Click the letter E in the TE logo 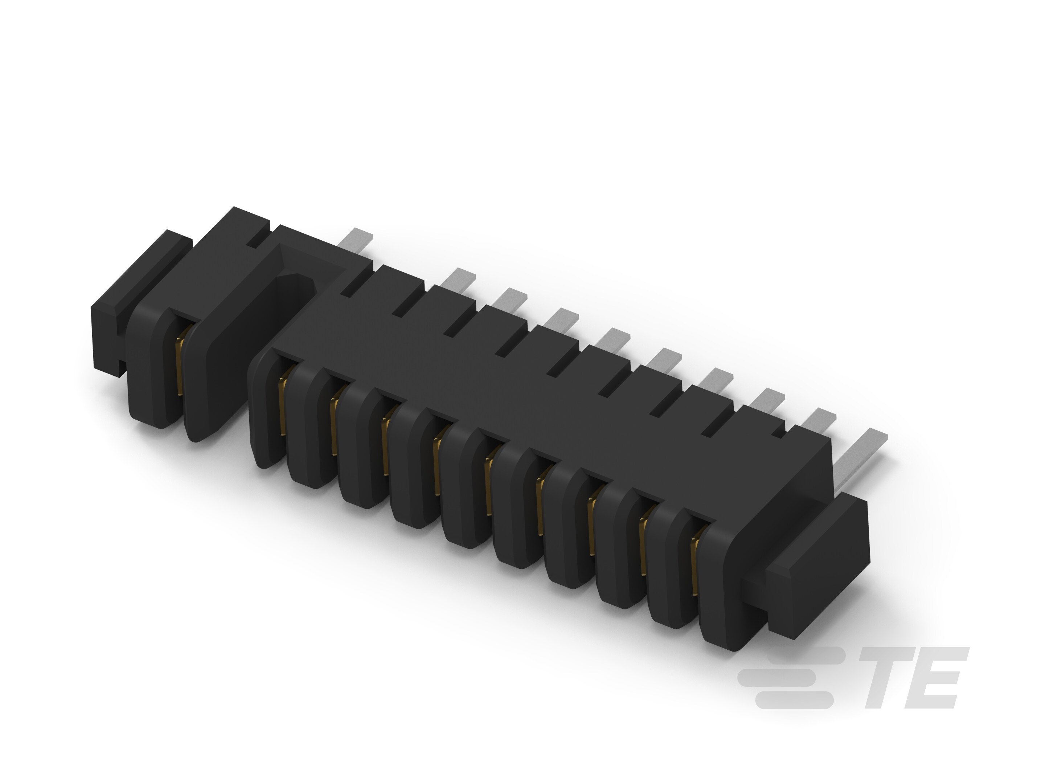pyautogui.click(x=938, y=678)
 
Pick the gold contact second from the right pyautogui.click(x=643, y=546)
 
